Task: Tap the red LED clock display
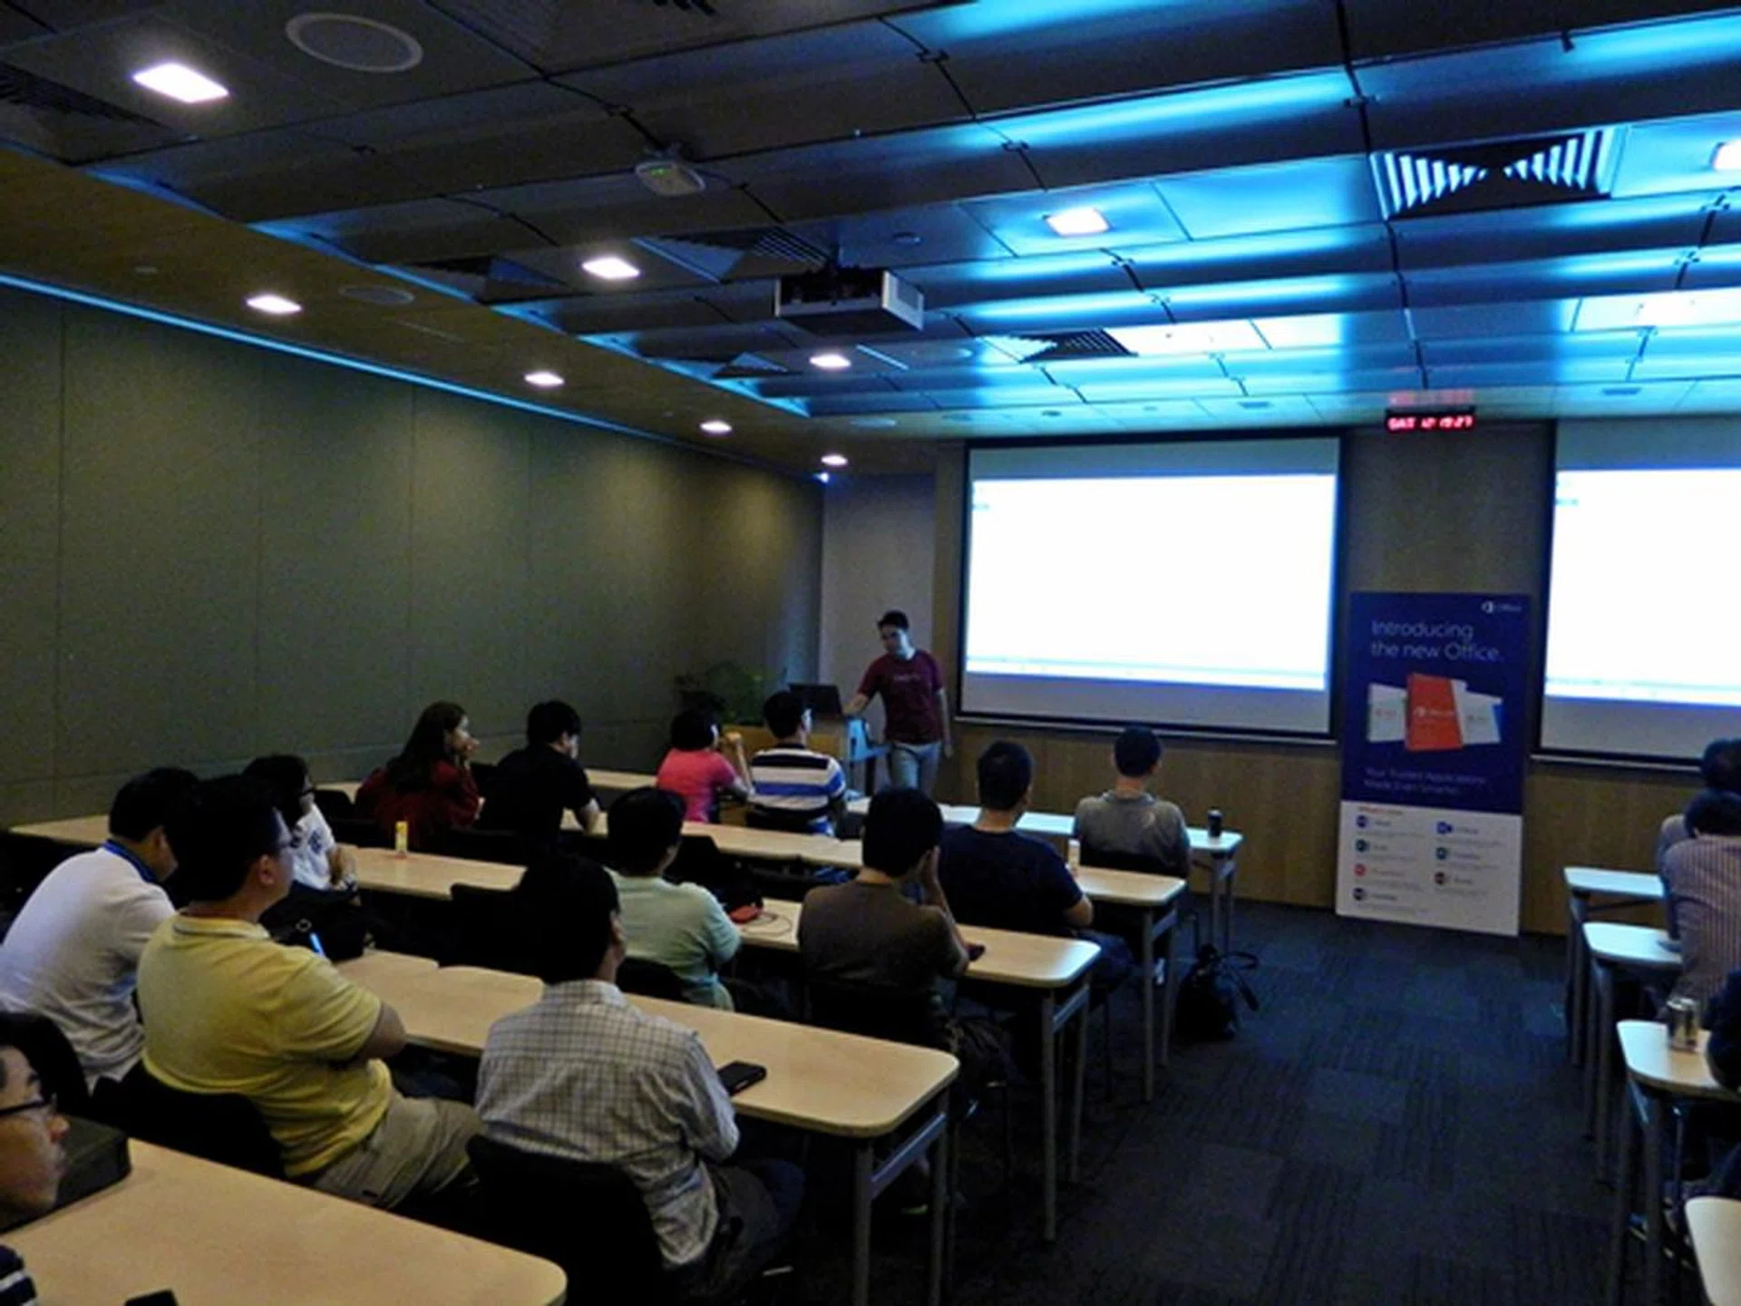[1429, 421]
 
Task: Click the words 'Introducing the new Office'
[1435, 640]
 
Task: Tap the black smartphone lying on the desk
[741, 1075]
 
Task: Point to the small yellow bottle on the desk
[400, 838]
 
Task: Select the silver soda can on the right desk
[1683, 1023]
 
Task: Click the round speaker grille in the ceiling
[354, 42]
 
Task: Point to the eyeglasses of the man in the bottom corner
[23, 1107]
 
